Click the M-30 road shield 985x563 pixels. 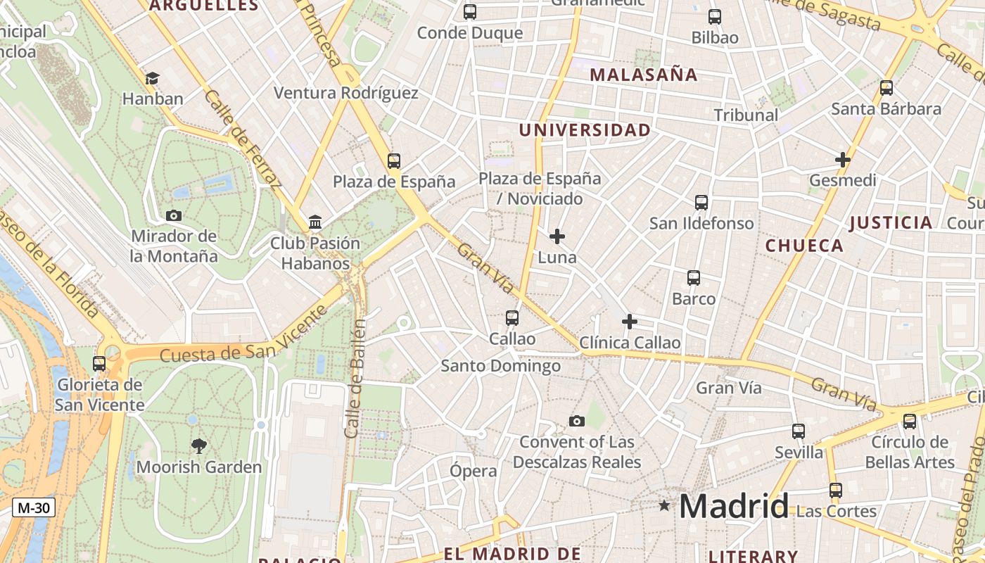tap(33, 507)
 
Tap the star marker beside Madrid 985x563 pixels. tap(664, 505)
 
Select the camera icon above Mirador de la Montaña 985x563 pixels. tap(174, 215)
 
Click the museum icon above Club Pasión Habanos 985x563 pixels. tap(315, 223)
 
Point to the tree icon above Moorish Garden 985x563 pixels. tap(199, 445)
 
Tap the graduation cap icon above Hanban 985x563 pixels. tap(152, 78)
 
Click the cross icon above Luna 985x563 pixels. tap(557, 236)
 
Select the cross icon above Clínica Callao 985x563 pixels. tap(630, 322)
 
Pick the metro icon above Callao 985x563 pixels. tap(512, 318)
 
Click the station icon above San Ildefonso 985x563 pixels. tap(701, 203)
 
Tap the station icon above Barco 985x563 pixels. tap(694, 278)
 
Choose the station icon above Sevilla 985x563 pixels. tap(799, 431)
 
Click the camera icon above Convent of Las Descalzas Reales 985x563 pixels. tap(577, 422)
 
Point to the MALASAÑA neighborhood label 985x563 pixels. tap(643, 75)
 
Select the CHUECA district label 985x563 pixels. tap(804, 246)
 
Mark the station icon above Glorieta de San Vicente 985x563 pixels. tap(99, 364)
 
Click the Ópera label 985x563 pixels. tap(474, 471)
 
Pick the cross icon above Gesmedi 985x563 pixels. tap(843, 160)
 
